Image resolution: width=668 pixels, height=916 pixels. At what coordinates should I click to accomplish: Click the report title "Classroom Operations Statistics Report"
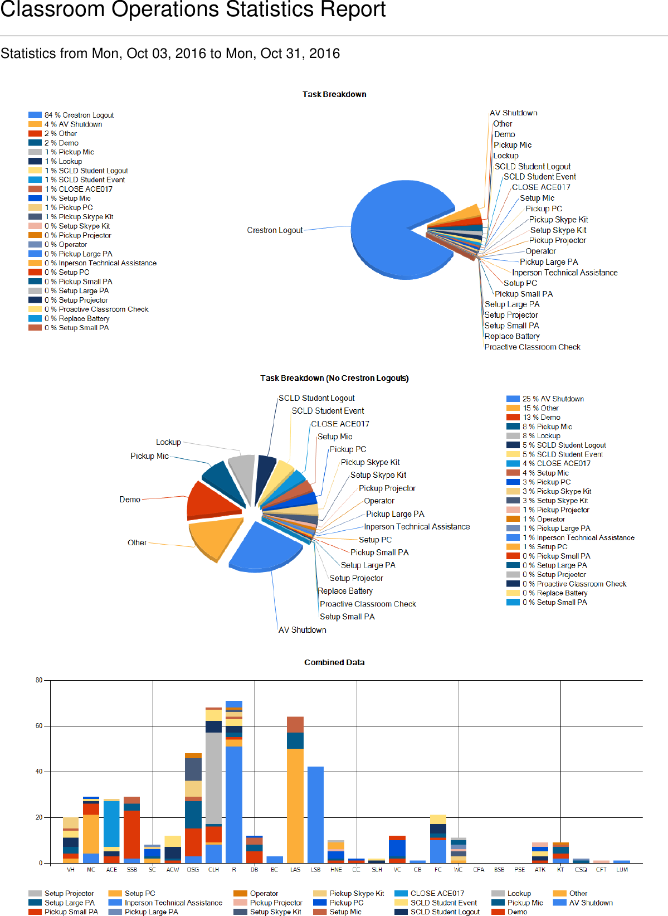[x=193, y=9]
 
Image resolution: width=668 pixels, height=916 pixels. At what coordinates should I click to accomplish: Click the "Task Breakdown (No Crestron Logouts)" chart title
[x=334, y=378]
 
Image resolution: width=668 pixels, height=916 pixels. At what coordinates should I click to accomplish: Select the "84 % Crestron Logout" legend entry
[x=79, y=115]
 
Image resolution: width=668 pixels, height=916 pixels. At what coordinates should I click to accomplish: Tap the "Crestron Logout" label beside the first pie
[x=275, y=230]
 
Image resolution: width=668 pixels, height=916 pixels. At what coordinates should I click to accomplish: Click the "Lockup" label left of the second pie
[x=168, y=442]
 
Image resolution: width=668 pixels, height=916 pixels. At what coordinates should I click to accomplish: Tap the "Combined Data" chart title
[x=334, y=662]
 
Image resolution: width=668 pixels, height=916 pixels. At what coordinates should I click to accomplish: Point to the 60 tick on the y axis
[x=39, y=726]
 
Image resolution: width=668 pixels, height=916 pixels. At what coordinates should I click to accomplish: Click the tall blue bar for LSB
[x=315, y=814]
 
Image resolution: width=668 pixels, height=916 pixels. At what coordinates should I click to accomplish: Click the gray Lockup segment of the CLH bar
[x=213, y=778]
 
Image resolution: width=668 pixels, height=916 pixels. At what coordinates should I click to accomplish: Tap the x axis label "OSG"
[x=193, y=870]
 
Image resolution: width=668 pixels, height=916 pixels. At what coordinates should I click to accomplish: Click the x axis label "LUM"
[x=622, y=870]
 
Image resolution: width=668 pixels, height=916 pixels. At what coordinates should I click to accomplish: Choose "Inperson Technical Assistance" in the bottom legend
[x=173, y=903]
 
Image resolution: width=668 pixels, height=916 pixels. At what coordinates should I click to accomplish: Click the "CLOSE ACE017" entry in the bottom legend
[x=437, y=893]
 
